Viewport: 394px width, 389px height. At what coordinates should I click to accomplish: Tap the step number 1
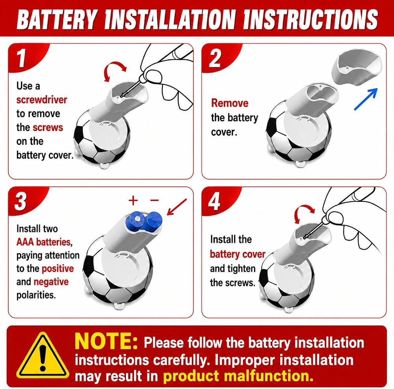21,58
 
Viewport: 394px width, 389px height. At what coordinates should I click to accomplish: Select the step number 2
215,58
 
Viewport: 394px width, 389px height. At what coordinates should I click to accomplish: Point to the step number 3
20,201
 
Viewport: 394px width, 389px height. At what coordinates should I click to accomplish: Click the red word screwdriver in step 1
42,100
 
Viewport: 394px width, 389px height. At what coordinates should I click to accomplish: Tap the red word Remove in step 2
230,103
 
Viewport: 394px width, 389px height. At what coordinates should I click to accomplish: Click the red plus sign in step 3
133,200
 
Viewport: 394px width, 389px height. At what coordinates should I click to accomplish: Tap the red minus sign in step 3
154,200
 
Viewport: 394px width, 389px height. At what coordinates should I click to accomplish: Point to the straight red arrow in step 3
177,207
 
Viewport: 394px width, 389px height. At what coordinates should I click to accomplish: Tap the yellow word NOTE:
106,341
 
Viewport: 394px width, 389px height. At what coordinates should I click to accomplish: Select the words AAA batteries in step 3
44,242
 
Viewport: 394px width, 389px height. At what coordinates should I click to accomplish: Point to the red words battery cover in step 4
238,254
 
